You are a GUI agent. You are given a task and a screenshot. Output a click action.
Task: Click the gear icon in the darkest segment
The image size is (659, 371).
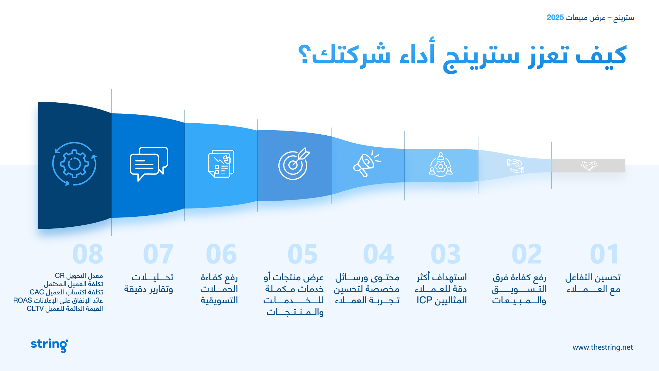point(74,164)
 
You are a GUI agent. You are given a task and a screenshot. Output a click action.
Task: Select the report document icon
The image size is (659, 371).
point(221,164)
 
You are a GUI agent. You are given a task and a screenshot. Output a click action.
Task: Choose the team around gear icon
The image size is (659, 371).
point(441,165)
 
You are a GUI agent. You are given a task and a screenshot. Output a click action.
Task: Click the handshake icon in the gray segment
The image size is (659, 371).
point(589,166)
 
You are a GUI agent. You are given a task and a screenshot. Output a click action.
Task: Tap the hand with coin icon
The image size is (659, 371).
point(516,166)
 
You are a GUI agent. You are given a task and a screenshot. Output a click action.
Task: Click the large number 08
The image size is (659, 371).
point(88,254)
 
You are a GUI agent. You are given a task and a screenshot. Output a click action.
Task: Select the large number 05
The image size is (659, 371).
point(303,254)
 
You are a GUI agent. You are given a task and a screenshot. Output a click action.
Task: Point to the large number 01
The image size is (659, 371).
point(605,254)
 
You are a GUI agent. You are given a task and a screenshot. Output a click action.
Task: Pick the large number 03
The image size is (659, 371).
point(446,254)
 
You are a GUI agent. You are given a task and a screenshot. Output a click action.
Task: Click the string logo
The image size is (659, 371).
point(49,345)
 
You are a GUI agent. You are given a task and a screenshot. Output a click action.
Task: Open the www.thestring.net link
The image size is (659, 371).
point(603,347)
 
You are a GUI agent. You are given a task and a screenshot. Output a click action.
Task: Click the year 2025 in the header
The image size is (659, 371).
point(555,18)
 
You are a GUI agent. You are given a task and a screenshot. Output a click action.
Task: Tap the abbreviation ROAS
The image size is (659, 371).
point(23,301)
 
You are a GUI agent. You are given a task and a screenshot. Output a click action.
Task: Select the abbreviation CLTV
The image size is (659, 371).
point(35,309)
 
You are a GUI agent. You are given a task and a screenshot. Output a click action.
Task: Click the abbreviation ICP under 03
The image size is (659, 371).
point(424,300)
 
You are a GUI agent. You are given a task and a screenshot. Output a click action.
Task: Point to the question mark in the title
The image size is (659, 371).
point(304,54)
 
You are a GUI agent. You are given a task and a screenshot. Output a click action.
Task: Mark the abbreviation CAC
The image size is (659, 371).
point(37,292)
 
